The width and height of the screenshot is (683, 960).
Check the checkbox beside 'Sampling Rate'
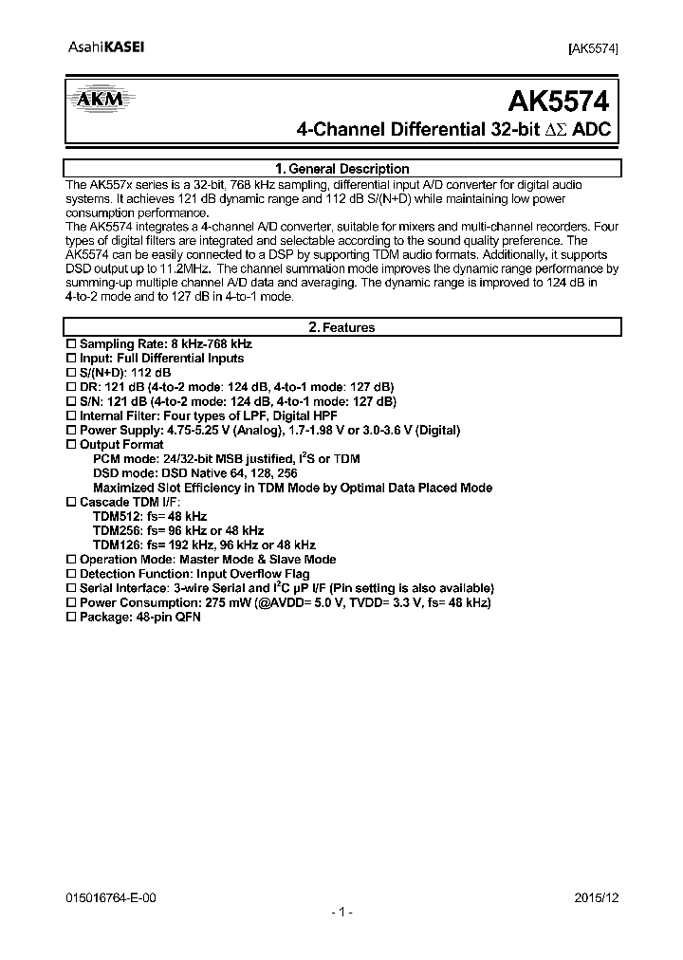(70, 343)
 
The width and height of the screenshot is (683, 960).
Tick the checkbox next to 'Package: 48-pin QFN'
(70, 617)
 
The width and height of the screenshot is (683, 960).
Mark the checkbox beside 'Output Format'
(70, 444)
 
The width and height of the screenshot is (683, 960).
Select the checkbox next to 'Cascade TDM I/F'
(70, 502)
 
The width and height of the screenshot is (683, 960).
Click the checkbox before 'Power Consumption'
(70, 602)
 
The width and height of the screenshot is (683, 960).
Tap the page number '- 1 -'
(341, 912)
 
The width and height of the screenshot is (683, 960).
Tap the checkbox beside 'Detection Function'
(70, 574)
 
